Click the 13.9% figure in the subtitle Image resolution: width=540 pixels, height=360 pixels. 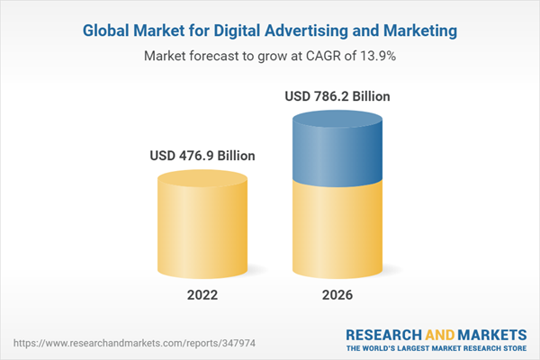pos(379,56)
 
